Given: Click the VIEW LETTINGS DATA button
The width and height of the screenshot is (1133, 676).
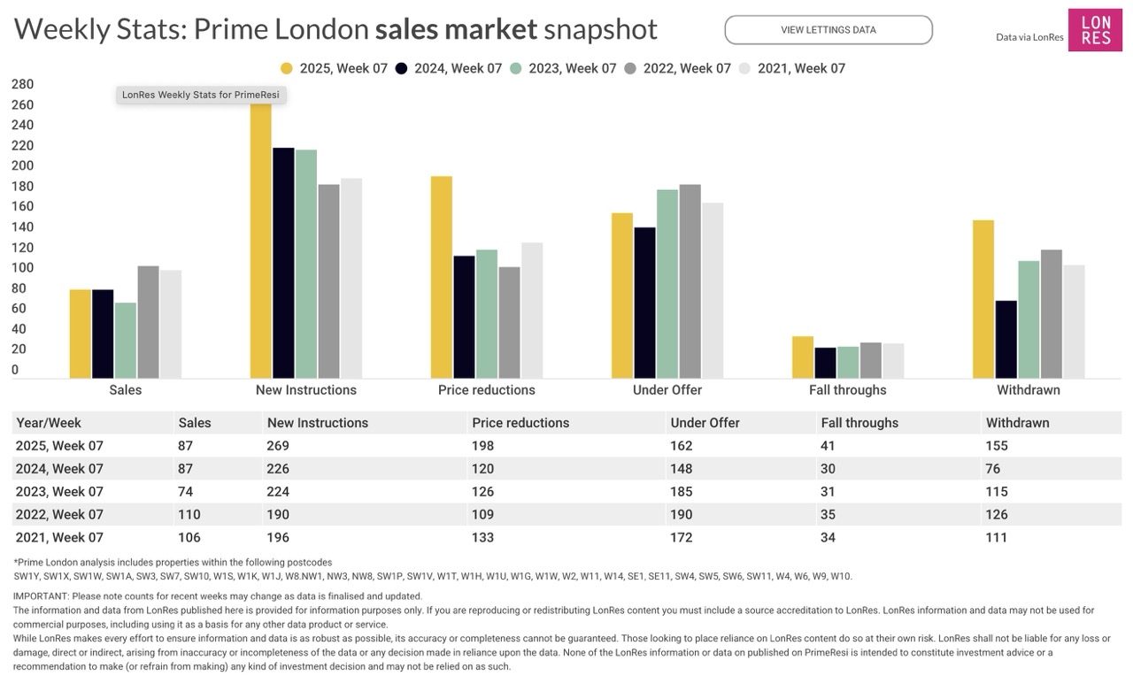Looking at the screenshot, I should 828,30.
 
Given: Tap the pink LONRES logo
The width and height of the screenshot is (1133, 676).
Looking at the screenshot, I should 1095,30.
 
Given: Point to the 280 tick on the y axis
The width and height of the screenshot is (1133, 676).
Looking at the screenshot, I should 22,85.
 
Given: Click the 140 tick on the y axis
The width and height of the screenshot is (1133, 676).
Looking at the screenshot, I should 22,227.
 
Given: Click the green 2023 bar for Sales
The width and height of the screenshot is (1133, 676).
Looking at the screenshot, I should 126,341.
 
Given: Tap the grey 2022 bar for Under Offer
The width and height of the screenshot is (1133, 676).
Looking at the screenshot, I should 690,281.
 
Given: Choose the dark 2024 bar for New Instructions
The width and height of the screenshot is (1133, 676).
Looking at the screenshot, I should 283,263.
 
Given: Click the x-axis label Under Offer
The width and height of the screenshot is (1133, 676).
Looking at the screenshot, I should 667,390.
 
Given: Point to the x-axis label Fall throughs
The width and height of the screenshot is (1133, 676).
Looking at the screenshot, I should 847,390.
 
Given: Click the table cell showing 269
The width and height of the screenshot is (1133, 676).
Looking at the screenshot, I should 278,446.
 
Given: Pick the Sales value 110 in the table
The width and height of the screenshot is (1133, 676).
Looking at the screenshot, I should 189,515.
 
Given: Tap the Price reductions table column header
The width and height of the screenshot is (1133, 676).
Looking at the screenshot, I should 520,423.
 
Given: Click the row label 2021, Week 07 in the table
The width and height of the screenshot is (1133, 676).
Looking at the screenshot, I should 60,538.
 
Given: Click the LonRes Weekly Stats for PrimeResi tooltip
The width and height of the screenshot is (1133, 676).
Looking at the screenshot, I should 201,95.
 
